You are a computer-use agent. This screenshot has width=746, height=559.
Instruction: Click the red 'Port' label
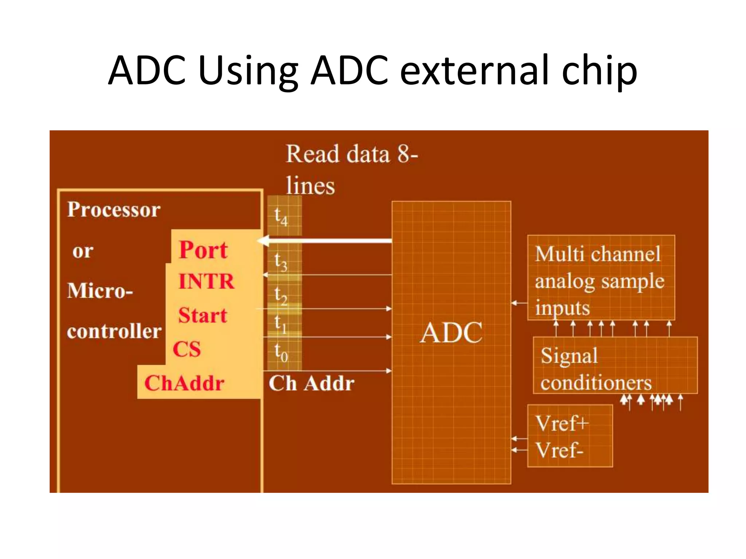[x=203, y=250]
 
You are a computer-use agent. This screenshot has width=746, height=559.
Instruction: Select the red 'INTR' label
[x=207, y=281]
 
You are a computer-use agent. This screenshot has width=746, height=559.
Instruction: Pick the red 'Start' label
[x=203, y=315]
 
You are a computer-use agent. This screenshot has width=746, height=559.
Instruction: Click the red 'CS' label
[x=186, y=349]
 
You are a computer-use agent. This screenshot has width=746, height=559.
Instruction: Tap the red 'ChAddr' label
[x=184, y=383]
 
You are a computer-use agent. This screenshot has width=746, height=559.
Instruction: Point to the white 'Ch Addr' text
[x=311, y=383]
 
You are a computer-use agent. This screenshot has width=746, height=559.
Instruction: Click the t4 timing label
[x=281, y=217]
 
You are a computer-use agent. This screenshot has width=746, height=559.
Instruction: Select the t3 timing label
[x=281, y=262]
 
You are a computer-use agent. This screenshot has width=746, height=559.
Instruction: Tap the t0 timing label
[x=281, y=352]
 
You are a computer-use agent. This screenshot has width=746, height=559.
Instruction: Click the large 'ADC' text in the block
[x=451, y=333]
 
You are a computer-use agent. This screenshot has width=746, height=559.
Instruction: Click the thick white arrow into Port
[x=328, y=241]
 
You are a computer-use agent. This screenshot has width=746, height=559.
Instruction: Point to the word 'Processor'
[x=114, y=210]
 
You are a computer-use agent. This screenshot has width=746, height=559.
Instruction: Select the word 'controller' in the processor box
[x=114, y=331]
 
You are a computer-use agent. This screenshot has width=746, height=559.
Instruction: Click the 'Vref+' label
[x=562, y=423]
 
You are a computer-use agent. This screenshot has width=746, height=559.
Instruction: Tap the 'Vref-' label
[x=559, y=450]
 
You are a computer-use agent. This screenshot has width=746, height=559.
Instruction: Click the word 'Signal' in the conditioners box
[x=569, y=356]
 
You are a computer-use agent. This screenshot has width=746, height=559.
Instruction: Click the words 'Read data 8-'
[x=352, y=154]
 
